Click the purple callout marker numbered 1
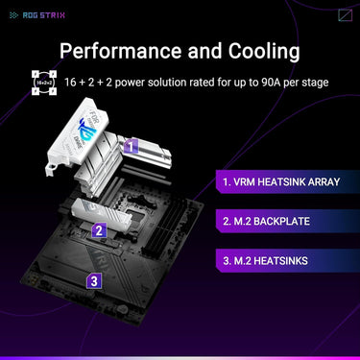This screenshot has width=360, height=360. (132, 146)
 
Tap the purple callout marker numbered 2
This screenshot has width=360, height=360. (98, 230)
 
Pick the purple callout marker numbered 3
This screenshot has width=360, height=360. (93, 281)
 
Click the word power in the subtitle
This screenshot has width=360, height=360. (131, 83)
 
